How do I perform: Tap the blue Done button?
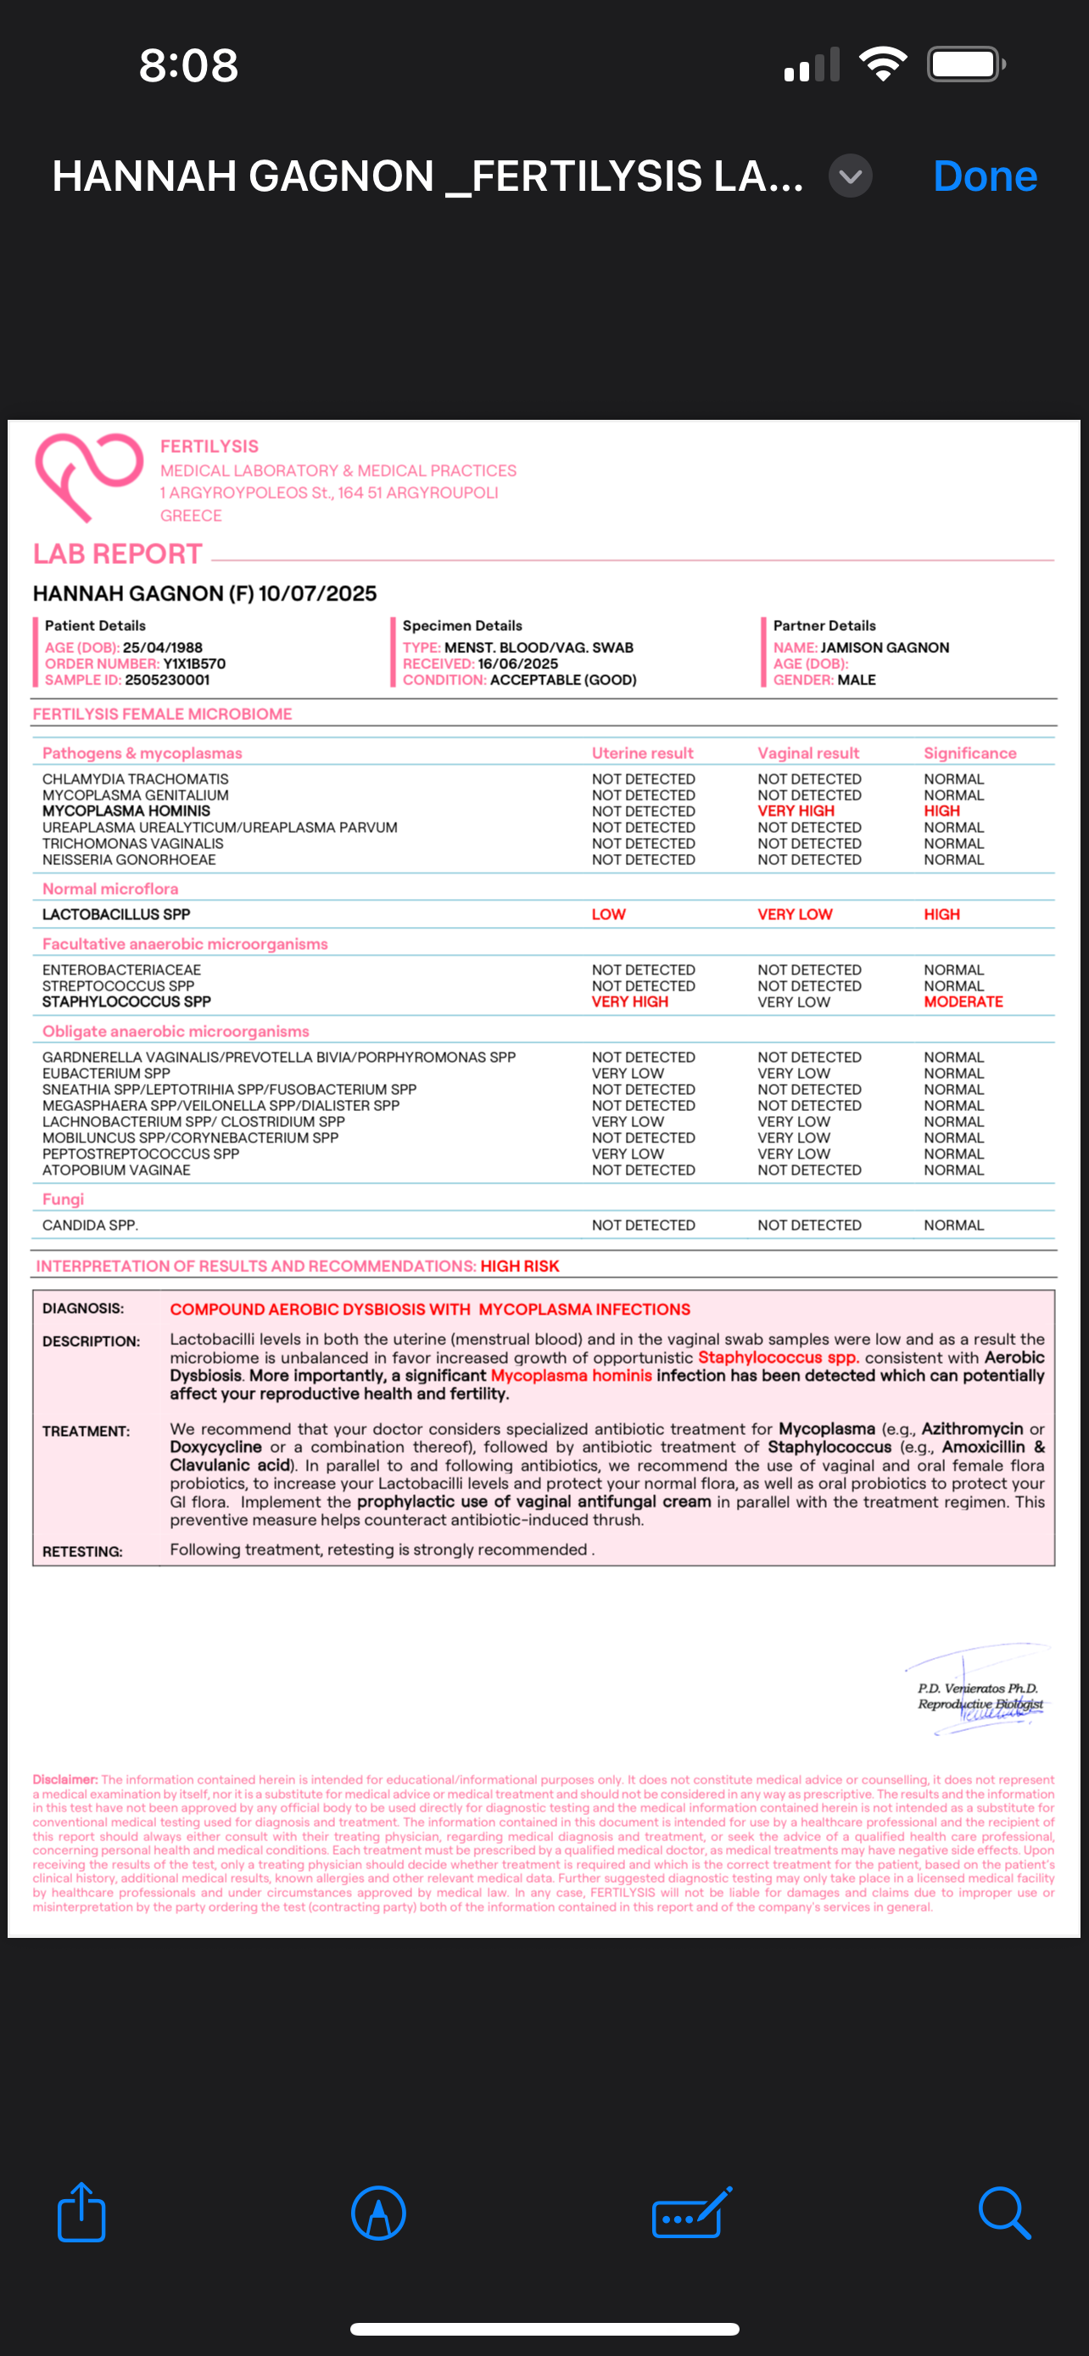[984, 176]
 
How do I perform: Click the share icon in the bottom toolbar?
[81, 2213]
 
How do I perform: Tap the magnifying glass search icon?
[1003, 2213]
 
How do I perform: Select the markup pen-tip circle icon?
[377, 2213]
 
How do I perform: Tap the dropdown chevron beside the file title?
[850, 176]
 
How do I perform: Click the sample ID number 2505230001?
[167, 679]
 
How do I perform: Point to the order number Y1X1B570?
[194, 664]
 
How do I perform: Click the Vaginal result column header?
[807, 753]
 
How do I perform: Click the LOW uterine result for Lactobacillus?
[608, 914]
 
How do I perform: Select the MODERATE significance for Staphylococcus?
[963, 1002]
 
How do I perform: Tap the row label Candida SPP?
[90, 1225]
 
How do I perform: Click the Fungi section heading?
[63, 1199]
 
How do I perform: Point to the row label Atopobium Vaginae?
[116, 1170]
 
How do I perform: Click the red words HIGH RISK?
[519, 1266]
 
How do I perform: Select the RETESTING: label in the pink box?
[82, 1552]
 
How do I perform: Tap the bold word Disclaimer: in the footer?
[65, 1780]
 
